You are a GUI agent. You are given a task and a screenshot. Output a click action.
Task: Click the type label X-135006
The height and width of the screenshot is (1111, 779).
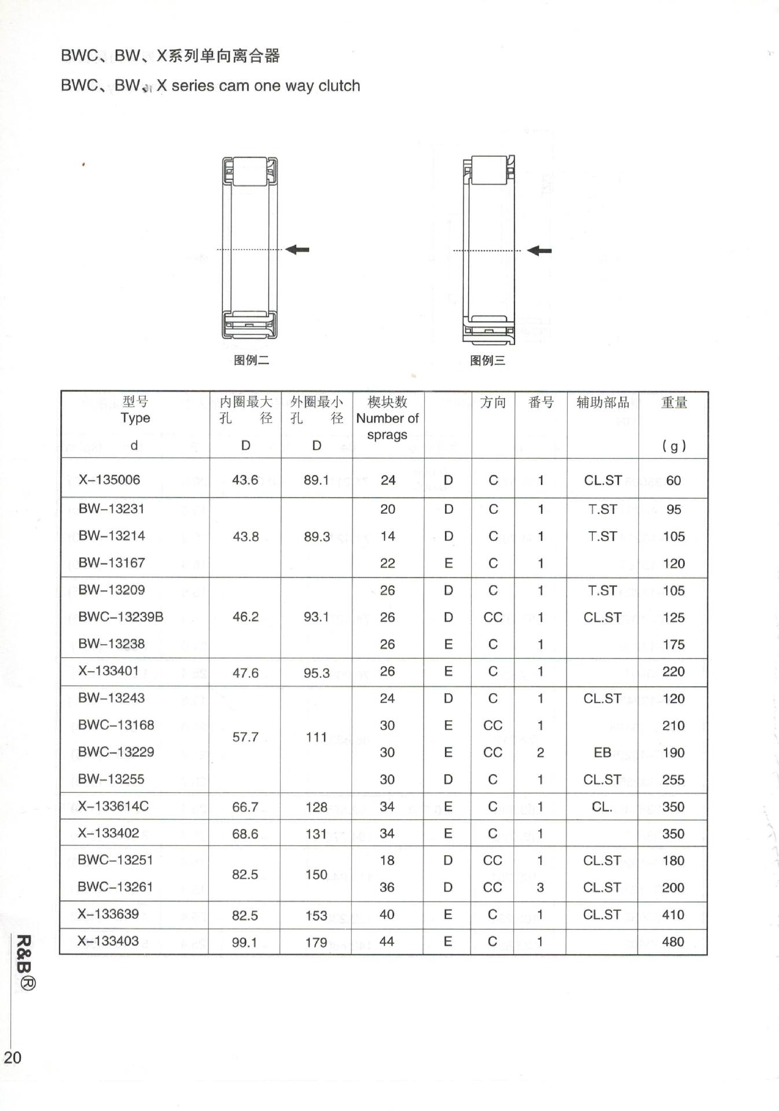109,480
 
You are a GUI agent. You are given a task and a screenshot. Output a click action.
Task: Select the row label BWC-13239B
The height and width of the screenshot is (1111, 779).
121,617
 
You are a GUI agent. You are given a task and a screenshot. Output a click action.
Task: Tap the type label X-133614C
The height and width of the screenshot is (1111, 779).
113,806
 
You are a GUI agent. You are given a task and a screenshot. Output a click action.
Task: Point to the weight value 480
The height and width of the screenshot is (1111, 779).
673,941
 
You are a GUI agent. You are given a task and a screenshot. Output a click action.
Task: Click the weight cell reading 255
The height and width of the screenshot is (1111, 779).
673,779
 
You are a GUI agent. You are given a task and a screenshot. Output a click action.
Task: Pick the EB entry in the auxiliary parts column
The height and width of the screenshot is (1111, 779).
602,752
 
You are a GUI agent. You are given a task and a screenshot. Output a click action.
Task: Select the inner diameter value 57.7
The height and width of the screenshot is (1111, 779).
245,737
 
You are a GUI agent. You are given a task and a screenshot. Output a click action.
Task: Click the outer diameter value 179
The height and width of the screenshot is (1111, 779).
317,943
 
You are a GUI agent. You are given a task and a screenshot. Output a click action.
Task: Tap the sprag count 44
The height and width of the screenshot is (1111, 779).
387,941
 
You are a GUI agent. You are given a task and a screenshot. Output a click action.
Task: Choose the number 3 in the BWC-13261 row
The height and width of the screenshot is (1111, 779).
540,888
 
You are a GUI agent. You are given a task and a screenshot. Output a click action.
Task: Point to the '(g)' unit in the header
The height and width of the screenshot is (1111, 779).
674,446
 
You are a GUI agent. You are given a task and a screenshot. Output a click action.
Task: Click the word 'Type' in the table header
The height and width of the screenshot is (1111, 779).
135,418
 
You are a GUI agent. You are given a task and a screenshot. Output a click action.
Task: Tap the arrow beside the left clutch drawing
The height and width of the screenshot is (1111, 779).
298,249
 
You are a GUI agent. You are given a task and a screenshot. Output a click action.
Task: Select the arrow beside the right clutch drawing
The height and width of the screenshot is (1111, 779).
539,251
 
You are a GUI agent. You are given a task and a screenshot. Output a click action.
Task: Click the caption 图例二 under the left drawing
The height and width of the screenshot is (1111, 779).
251,360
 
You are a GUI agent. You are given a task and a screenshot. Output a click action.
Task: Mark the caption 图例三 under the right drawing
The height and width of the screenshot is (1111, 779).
487,360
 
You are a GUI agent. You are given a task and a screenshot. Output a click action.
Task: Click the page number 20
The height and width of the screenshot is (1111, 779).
13,1057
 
